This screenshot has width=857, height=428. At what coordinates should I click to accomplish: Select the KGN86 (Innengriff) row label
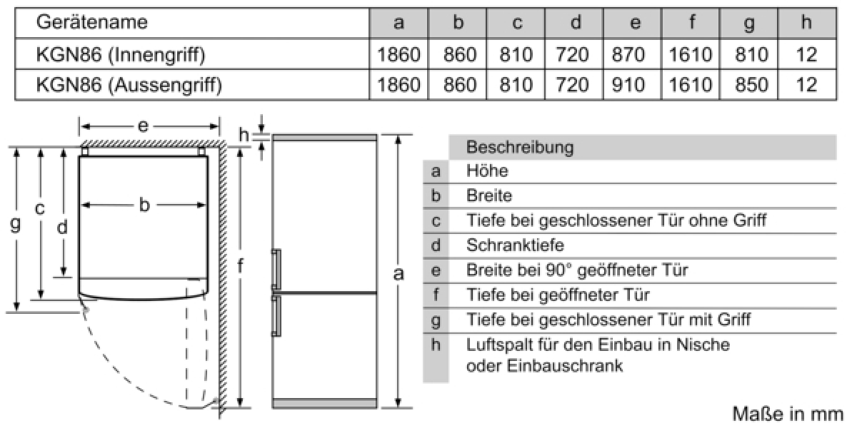[x=121, y=55]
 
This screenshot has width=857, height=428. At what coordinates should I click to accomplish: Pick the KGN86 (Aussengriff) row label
[x=129, y=85]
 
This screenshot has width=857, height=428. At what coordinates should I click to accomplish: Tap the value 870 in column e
[x=628, y=54]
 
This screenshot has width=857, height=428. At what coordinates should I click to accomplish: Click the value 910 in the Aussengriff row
[x=628, y=84]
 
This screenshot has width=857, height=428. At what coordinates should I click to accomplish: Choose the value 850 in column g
[x=751, y=84]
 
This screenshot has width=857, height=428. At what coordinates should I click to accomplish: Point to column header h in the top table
[x=806, y=22]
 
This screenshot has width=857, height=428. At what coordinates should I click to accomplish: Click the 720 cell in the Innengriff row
[x=572, y=54]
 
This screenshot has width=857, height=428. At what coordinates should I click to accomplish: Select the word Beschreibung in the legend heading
[x=520, y=148]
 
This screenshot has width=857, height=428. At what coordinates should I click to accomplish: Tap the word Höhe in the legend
[x=487, y=170]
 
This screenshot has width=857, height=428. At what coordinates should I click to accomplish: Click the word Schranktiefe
[x=515, y=245]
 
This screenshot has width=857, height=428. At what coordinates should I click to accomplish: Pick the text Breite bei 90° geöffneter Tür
[x=577, y=270]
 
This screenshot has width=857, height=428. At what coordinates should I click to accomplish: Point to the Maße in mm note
[x=788, y=414]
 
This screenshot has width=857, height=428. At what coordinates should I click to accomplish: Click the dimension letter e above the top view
[x=143, y=126]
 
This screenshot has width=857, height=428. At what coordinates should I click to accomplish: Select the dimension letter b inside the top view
[x=144, y=205]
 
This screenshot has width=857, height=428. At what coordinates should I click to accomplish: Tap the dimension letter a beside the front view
[x=399, y=274]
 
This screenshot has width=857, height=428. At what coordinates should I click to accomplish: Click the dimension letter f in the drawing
[x=240, y=265]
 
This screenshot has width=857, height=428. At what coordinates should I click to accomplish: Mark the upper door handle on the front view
[x=276, y=270]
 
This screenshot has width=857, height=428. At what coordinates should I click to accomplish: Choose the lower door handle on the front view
[x=276, y=315]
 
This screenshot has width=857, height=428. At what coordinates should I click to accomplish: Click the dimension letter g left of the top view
[x=15, y=225]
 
